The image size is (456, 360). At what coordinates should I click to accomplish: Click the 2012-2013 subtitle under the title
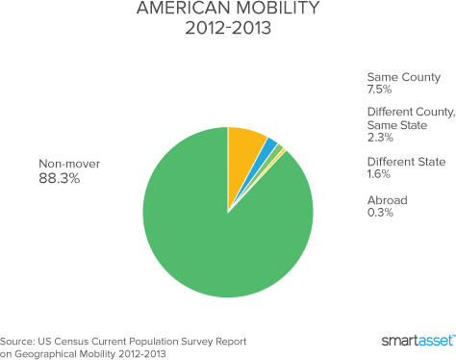pos(228,28)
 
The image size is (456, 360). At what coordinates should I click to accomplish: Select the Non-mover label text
pos(69,164)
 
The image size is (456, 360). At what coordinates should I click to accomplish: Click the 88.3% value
pos(60,178)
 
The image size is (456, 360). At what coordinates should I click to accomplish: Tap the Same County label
pos(404,77)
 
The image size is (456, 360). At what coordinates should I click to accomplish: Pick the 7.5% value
pos(379,90)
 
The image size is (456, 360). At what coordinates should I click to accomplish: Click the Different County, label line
pos(412,112)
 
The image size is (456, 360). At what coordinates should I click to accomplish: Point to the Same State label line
pos(397,125)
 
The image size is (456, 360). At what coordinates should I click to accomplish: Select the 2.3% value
pos(380,138)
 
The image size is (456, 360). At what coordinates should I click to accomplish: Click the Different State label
pos(406,162)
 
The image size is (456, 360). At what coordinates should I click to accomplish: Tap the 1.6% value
pos(379,174)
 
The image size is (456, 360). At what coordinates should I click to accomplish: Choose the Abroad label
pos(388,200)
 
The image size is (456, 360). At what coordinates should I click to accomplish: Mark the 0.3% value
pos(380,213)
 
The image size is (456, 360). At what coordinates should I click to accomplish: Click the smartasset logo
pos(418,340)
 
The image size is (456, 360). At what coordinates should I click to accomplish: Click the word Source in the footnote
pos(17,342)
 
